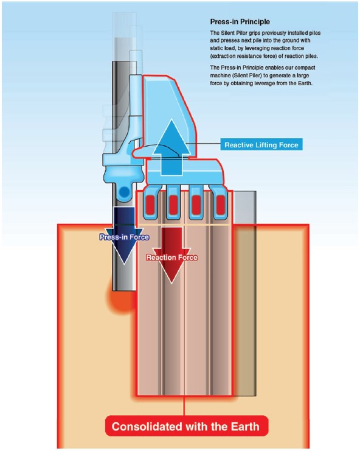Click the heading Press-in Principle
click(x=240, y=21)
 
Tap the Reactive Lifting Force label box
click(x=261, y=145)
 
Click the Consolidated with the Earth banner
click(x=186, y=426)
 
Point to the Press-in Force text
click(x=124, y=237)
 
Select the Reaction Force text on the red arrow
click(x=172, y=257)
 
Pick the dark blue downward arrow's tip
click(x=124, y=264)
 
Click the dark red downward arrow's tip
click(x=171, y=283)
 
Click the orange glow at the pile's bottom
click(x=121, y=301)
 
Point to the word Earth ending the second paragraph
click(x=305, y=83)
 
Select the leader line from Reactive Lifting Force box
click(x=203, y=143)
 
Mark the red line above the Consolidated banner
click(x=184, y=406)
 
